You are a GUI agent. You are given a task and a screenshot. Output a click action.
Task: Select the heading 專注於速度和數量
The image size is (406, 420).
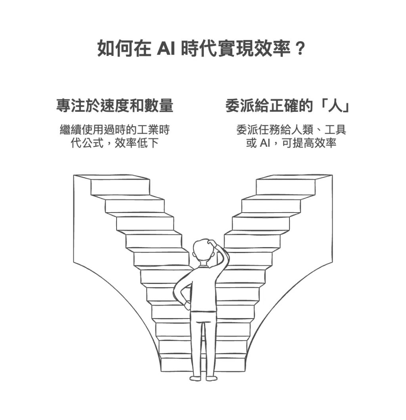click(x=115, y=106)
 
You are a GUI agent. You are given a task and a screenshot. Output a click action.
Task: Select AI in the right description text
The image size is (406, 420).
click(x=264, y=143)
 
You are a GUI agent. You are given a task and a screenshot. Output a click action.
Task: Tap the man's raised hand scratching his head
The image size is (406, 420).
click(x=214, y=242)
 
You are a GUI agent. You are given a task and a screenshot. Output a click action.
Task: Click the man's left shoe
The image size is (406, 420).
click(x=195, y=378)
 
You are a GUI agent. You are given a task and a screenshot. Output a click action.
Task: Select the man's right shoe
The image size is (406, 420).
click(x=211, y=378)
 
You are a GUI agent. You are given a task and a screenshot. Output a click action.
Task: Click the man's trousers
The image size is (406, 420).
click(x=203, y=341)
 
